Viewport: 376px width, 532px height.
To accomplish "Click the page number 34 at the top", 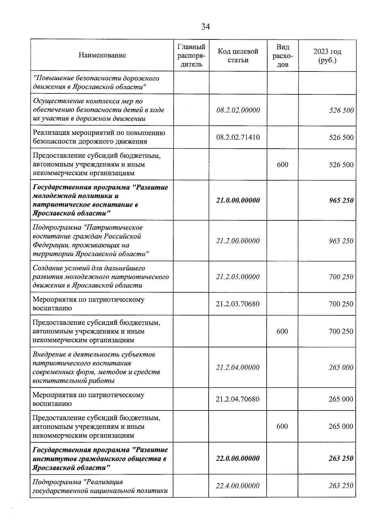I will coord(205,27).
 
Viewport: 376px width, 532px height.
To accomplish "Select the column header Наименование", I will coord(102,55).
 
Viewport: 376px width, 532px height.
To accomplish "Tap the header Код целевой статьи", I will coord(238,55).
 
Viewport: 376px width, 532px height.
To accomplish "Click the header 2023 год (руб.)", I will coord(327,55).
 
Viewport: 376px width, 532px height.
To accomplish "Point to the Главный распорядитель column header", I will coord(191,55).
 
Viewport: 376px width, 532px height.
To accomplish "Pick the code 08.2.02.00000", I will coord(238,110).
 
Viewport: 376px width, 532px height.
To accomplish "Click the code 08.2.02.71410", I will coord(238,137).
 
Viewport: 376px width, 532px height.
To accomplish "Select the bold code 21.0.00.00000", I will coord(238,200).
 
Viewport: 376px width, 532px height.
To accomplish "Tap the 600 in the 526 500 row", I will coord(282,165).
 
